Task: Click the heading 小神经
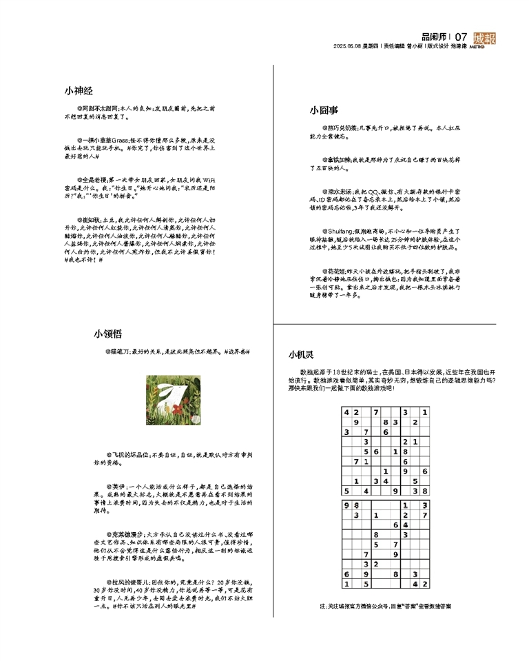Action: (79, 90)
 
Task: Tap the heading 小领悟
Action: (108, 334)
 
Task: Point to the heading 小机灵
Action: (301, 355)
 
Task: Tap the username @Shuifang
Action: (338, 232)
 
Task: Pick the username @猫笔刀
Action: (118, 352)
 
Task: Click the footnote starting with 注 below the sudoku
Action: (386, 607)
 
